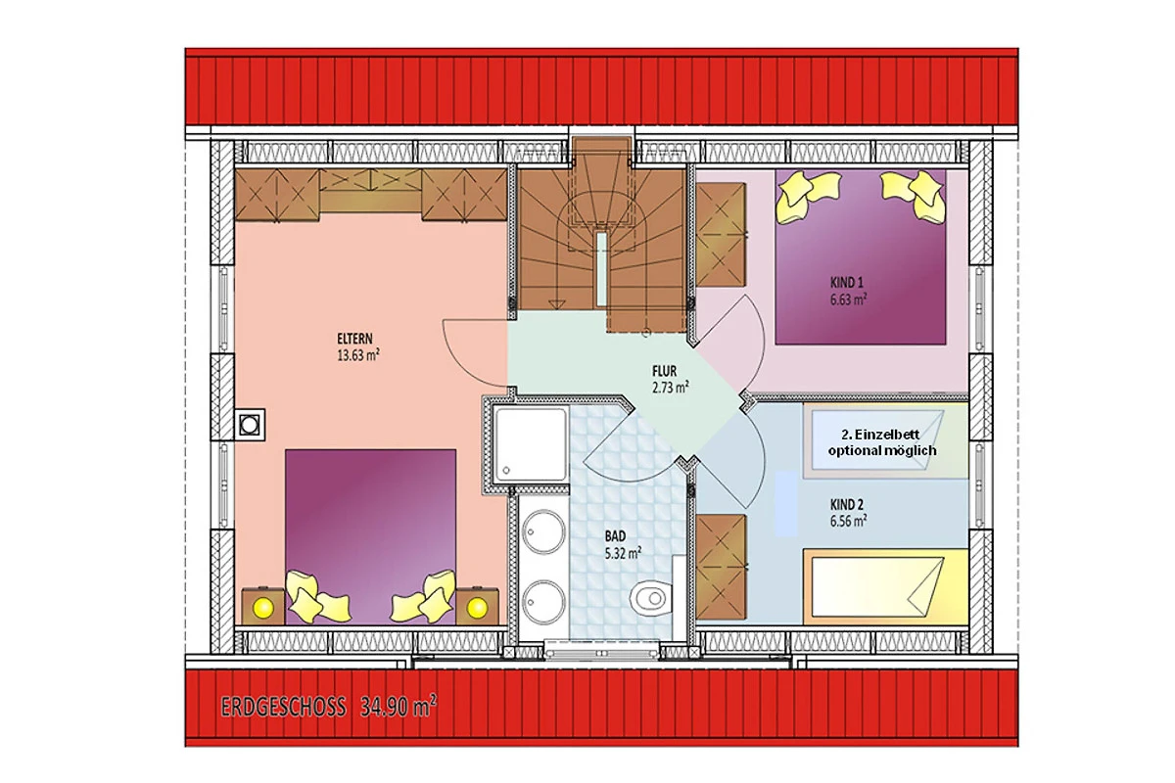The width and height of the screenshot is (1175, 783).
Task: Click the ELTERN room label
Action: [354, 339]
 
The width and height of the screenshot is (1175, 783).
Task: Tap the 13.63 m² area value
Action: [358, 355]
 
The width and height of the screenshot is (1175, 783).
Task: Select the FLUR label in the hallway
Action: [664, 372]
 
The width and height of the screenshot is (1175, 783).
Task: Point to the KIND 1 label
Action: [847, 283]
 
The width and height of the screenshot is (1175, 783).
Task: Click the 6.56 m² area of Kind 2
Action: [848, 521]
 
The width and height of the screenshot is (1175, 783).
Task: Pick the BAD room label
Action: [615, 536]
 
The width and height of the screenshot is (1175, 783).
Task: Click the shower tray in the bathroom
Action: [531, 444]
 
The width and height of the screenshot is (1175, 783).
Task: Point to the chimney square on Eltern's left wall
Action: [249, 425]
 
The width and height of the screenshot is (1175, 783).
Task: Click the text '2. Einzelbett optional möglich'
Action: [882, 442]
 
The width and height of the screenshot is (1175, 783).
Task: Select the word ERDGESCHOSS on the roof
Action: [284, 707]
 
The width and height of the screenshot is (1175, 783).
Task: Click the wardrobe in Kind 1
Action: [721, 235]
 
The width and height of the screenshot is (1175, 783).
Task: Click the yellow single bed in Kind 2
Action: [885, 586]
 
